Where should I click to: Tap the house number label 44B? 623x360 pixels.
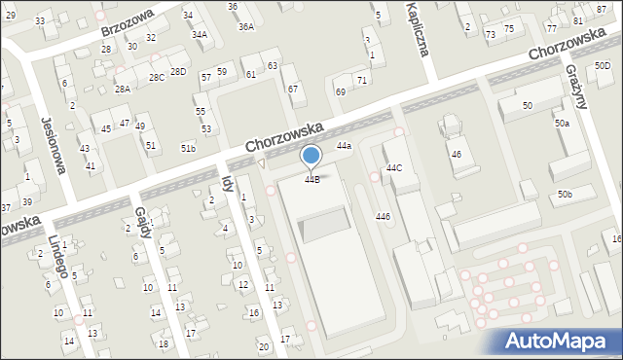[x=311, y=179]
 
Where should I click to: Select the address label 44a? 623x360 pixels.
[x=344, y=145]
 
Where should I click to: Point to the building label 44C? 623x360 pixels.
[x=393, y=167]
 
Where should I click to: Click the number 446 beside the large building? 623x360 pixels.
[x=384, y=216]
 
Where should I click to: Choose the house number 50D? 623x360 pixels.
[x=603, y=65]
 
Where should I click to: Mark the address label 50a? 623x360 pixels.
[x=562, y=123]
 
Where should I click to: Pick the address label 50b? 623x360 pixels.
[x=565, y=195]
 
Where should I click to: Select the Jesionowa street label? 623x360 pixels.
[x=53, y=145]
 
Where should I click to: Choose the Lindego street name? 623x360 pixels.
[x=55, y=254]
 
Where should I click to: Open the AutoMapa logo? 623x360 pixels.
[x=562, y=341]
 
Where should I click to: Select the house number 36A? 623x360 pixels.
[x=246, y=27]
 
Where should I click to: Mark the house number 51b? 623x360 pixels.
[x=188, y=147]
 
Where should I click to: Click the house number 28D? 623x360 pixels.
[x=177, y=71]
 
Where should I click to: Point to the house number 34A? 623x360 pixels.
[x=199, y=34]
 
